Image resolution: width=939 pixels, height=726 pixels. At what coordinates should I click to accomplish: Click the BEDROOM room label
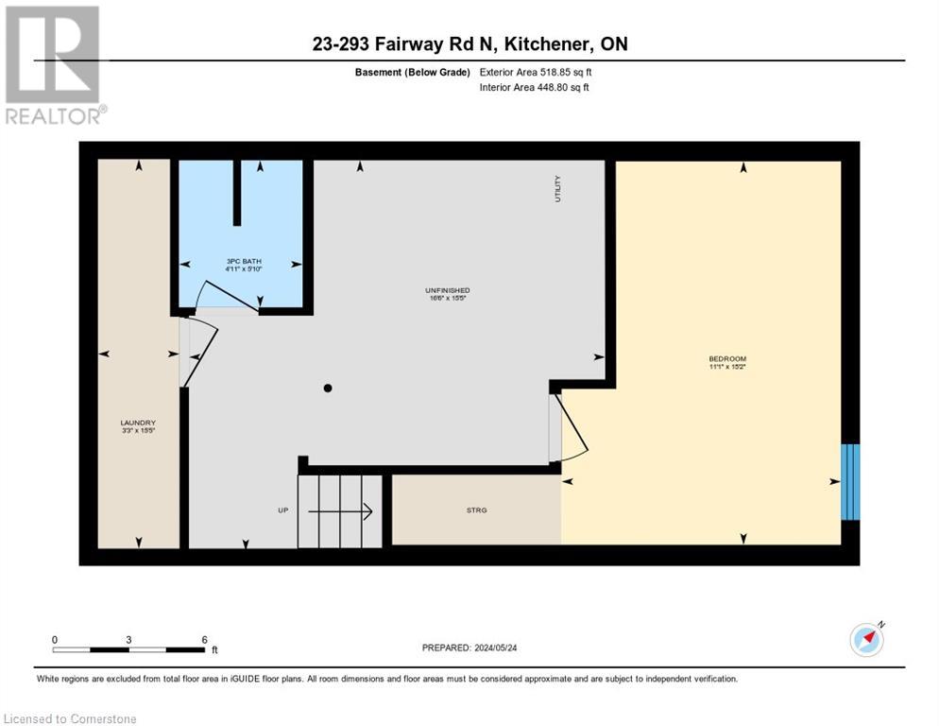[x=727, y=358]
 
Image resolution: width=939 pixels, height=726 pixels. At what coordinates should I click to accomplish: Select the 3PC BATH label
[x=243, y=261]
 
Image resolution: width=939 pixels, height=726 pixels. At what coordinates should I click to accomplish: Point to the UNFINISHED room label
[x=448, y=290]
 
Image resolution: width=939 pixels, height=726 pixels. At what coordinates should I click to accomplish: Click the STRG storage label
[x=476, y=510]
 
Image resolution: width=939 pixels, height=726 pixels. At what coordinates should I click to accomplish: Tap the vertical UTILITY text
[x=558, y=188]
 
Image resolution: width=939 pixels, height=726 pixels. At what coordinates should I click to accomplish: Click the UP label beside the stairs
[x=282, y=510]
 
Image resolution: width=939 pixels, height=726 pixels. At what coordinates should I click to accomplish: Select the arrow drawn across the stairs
[x=340, y=511]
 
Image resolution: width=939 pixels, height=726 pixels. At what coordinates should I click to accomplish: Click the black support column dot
[x=328, y=388]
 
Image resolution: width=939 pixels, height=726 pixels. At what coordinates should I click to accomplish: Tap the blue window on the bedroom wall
[x=850, y=481]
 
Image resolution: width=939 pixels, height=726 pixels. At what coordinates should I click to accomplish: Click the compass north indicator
[x=867, y=639]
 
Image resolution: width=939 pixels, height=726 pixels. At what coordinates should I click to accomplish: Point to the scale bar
[x=128, y=649]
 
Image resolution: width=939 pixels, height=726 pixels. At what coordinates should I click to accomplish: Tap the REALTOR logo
[x=54, y=65]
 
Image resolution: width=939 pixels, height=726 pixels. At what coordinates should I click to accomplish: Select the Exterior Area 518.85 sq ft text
[x=536, y=72]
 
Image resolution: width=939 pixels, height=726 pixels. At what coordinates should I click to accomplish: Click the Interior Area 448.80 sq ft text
[x=534, y=88]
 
